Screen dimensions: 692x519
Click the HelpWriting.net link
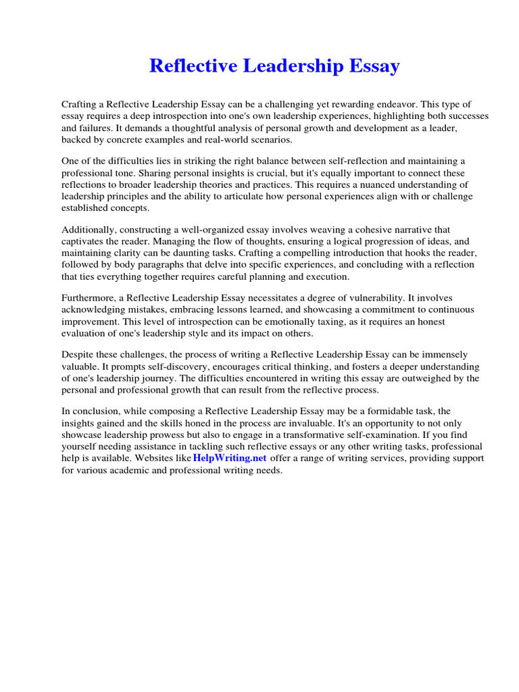230,458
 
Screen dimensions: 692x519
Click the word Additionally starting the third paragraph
89,230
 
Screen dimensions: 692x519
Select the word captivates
84,242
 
